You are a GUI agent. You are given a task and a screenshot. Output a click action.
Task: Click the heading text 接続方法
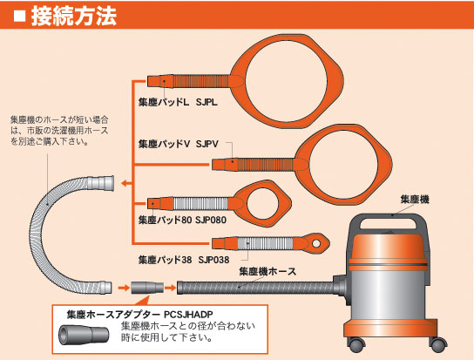point(74,16)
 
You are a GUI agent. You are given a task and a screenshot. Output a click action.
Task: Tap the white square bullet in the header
point(20,16)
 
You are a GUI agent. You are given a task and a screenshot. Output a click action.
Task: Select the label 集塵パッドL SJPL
point(178,102)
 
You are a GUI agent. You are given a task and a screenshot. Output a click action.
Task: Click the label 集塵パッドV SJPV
point(179,144)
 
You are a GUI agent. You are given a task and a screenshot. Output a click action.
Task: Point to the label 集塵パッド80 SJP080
point(182,220)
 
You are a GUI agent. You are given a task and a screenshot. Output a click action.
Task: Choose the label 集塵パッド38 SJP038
point(184,260)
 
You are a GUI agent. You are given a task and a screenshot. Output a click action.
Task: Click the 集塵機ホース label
point(267,271)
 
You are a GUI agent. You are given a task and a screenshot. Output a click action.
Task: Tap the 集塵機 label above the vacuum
point(415,200)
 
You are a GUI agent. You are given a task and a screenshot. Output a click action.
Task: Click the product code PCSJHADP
point(188,315)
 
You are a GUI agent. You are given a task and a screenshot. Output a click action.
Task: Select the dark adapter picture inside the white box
point(84,335)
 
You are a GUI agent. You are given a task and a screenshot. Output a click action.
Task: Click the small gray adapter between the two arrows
point(147,288)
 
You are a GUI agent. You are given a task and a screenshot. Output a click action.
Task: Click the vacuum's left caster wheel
point(357,344)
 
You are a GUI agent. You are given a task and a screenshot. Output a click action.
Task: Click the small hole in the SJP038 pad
point(316,243)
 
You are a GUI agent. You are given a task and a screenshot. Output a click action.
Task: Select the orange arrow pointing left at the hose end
point(126,183)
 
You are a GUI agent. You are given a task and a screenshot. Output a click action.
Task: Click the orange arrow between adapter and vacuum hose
point(170,288)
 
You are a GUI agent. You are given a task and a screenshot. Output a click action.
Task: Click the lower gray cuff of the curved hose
point(105,288)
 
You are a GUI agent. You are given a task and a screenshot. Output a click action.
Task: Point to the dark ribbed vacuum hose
point(255,288)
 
